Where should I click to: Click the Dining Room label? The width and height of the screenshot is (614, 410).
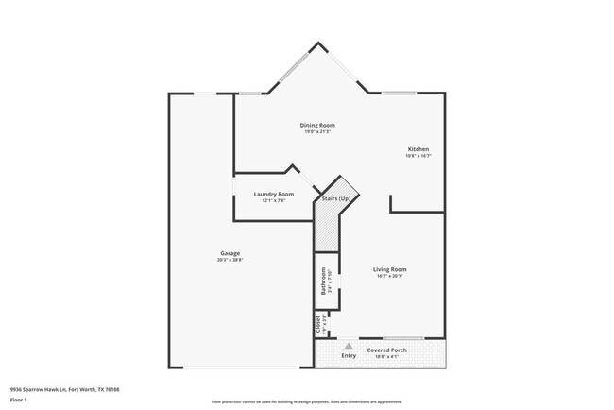point(317,125)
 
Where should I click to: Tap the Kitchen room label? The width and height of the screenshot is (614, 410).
point(418,149)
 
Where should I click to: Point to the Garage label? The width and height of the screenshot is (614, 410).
point(230,253)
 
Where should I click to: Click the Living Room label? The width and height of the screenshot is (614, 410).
point(390,269)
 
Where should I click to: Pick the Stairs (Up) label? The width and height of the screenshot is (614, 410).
point(337,198)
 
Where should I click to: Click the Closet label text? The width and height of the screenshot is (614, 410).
point(317,324)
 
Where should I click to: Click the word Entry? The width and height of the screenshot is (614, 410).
point(349,355)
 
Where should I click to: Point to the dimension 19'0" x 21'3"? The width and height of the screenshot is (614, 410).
point(317,131)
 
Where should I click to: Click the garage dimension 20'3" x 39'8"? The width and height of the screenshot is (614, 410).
point(230,260)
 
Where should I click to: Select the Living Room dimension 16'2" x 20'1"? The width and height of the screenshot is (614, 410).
point(390,276)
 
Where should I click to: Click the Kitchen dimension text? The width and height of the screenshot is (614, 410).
point(418,156)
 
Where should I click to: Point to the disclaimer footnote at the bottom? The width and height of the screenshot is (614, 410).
point(306,401)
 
